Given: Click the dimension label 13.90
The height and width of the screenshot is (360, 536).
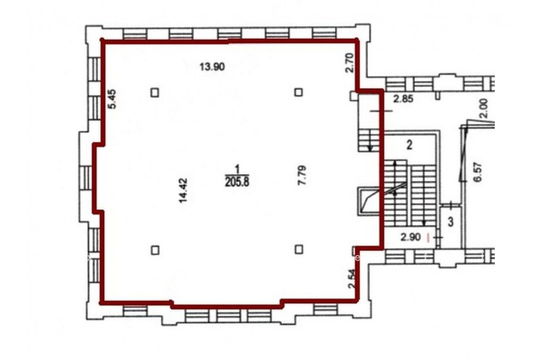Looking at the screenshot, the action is click(212, 66).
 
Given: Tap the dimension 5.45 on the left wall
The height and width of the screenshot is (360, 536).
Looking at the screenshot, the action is click(113, 99).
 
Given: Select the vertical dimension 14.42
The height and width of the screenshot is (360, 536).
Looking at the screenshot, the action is click(183, 191).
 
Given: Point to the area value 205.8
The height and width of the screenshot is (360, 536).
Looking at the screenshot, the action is click(237, 182).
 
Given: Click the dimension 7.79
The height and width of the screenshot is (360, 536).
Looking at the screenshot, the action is click(302, 175).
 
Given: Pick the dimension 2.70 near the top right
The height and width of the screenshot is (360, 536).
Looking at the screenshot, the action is click(350, 63).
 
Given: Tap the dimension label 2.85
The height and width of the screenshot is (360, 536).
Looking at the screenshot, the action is click(403, 100).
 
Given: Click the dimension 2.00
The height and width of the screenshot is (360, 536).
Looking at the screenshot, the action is click(484, 108).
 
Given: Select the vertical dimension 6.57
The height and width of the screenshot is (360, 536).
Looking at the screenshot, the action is click(478, 172).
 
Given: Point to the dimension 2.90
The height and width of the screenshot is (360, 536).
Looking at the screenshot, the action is click(410, 237).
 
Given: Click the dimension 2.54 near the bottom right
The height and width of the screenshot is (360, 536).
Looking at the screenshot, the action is click(353, 278).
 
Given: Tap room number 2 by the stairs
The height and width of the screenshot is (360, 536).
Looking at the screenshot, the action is click(409, 145).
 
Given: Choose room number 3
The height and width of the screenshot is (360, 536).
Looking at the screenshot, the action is click(451, 222).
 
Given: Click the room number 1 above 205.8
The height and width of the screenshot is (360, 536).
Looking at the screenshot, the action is click(237, 169).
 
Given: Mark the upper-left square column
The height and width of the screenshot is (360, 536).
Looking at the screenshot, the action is click(155, 92).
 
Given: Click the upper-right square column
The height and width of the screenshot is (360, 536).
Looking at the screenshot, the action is click(299, 92).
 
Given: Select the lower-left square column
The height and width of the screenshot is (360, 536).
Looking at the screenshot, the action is click(155, 250).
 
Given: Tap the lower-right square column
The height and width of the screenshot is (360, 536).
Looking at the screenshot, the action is click(299, 250).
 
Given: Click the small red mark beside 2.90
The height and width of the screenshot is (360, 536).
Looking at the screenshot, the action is click(428, 237).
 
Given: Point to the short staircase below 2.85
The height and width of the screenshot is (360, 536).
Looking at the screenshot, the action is click(369, 140).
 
